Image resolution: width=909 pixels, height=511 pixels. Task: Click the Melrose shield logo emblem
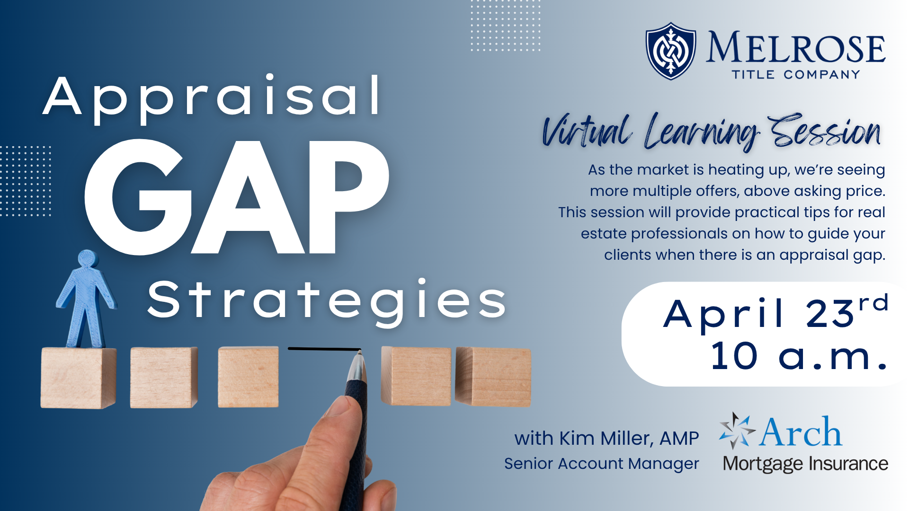[x=671, y=51]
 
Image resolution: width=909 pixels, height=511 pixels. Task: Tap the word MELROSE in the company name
[x=795, y=47]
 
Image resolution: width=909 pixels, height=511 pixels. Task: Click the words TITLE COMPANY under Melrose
[x=796, y=75]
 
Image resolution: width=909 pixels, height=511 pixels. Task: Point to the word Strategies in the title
[x=327, y=302]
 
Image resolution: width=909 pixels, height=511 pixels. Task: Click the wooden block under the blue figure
[x=78, y=378]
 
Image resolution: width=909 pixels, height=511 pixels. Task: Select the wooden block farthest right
[x=493, y=377]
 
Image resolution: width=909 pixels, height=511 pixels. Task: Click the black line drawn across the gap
[x=324, y=349]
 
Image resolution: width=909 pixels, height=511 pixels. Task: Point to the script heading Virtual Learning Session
[x=712, y=131]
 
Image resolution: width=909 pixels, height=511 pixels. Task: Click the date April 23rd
[x=775, y=312]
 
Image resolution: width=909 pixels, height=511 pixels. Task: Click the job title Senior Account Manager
[x=601, y=464]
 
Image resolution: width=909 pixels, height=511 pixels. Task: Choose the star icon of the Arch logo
[x=736, y=430]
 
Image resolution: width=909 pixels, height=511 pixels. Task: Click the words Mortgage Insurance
[x=805, y=464]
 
